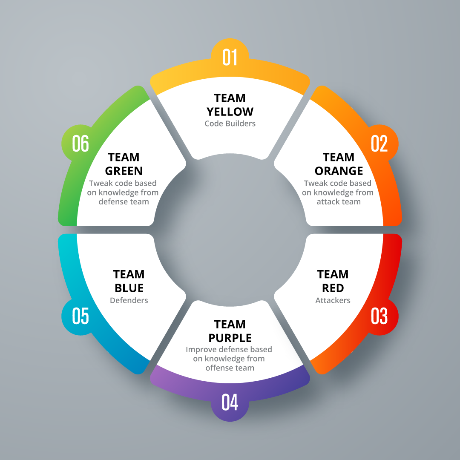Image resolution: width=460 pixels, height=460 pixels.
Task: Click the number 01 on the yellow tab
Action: click(230, 57)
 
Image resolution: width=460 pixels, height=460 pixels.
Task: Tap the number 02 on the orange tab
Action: click(379, 144)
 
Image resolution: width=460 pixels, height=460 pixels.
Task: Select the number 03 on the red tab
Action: click(379, 316)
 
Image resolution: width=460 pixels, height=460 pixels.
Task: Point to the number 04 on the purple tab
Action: click(230, 402)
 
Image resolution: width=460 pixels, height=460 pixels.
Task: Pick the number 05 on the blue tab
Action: click(80, 316)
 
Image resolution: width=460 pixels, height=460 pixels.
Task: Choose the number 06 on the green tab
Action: click(80, 144)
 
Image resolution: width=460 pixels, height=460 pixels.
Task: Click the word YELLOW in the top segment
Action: click(230, 112)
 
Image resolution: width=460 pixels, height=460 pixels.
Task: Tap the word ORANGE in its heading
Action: click(339, 171)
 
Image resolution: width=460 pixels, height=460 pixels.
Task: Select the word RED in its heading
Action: click(333, 288)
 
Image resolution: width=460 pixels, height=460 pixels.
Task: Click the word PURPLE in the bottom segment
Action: click(230, 338)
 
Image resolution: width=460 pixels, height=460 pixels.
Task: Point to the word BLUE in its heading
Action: click(129, 288)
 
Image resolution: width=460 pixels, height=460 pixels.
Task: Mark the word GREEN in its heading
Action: click(124, 171)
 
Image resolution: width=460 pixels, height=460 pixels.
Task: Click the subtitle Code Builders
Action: click(230, 124)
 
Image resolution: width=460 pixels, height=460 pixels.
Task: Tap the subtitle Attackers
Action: click(333, 300)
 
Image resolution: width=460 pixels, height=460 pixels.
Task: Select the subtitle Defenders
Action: click(129, 300)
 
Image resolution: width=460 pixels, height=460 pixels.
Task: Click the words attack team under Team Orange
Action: click(339, 201)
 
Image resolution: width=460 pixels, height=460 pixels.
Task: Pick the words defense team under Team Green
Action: click(124, 201)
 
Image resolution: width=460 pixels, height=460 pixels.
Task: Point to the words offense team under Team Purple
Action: click(230, 368)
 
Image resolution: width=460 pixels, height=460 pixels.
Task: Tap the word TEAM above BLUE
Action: click(129, 274)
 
